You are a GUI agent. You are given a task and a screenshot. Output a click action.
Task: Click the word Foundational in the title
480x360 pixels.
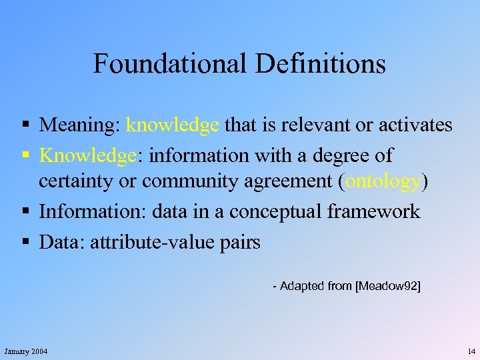point(170,64)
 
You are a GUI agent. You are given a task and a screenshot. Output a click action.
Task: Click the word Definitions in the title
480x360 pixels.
point(320,64)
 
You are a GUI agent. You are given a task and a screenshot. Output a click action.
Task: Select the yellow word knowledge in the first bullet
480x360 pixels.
point(173,125)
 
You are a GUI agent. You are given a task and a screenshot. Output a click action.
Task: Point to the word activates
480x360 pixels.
point(414,125)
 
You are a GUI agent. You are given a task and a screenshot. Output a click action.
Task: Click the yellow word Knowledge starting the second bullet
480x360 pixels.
point(87,155)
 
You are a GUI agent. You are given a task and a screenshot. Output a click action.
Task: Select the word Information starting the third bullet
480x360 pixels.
point(93,212)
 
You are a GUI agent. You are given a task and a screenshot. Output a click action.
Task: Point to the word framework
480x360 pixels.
point(374,212)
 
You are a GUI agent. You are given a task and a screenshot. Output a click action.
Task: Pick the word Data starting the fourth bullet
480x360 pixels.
point(59,242)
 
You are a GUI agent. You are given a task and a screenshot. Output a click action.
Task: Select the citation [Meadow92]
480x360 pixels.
point(388,286)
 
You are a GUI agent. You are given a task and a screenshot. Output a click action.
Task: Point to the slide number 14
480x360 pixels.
point(471,351)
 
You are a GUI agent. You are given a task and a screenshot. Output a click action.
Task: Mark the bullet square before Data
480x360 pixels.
point(25,242)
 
